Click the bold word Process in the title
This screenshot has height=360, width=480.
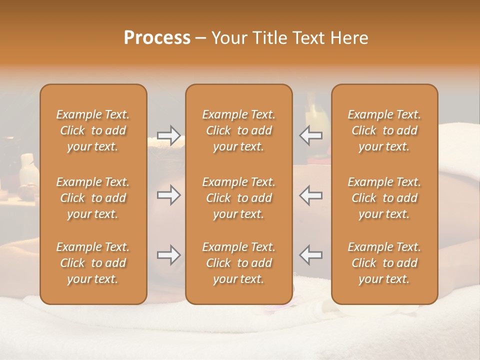tap(157, 38)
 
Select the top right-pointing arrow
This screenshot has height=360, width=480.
tap(168, 135)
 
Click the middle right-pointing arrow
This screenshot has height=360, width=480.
tap(168, 195)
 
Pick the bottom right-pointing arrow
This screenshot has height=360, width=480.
tap(168, 255)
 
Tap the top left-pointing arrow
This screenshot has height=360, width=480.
tap(311, 135)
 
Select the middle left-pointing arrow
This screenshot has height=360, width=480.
tap(311, 195)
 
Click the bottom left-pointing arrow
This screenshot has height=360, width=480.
tap(311, 255)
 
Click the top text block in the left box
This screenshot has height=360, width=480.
tap(93, 130)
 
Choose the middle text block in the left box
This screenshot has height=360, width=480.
tap(93, 198)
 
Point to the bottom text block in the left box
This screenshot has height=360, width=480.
tap(93, 263)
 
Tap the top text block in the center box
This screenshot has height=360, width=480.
tap(239, 130)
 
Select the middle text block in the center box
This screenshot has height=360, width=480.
tap(239, 198)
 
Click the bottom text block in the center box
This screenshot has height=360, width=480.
tap(239, 263)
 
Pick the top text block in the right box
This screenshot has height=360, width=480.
tap(384, 130)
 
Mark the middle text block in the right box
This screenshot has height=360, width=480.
tap(384, 198)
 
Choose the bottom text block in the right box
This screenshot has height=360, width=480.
tap(384, 263)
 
